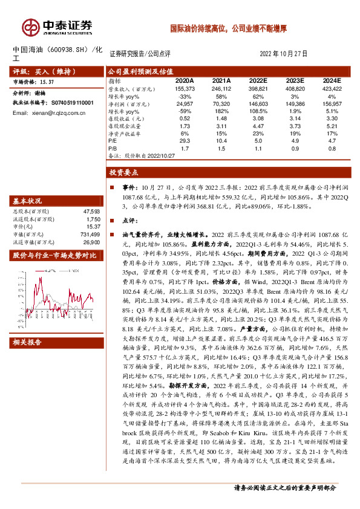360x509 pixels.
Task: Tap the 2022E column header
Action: tap(258, 80)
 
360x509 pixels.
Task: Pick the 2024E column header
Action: tap(332, 80)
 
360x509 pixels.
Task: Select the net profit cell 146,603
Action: tap(258, 103)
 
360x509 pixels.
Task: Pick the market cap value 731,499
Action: tap(91, 235)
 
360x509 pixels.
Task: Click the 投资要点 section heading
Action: tap(125, 172)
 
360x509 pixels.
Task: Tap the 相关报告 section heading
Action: tap(28, 342)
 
